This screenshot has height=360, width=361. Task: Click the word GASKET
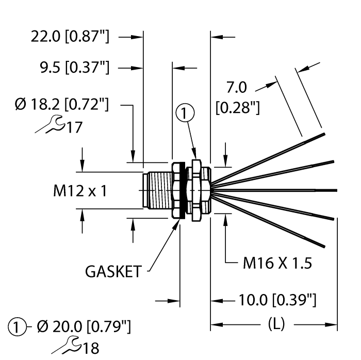pos(113,272)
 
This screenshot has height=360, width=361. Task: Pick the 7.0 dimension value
pos(237,86)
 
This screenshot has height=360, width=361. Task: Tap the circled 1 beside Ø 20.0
pos(17,326)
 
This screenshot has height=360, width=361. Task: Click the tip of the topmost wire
pos(323,134)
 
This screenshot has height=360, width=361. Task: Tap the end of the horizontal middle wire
pos(335,189)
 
